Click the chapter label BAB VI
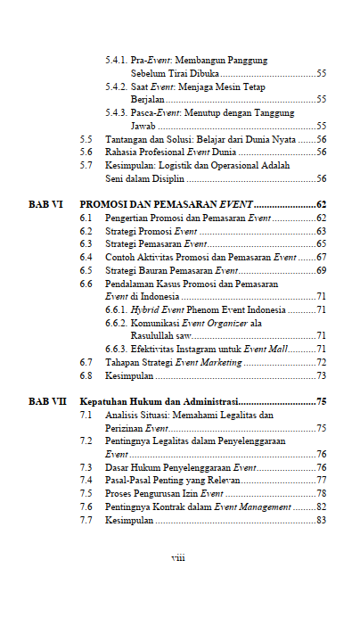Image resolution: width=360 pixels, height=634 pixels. pos(45,204)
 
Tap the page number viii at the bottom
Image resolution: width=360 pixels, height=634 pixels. pos(178,557)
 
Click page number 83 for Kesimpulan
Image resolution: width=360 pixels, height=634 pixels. pos(321,520)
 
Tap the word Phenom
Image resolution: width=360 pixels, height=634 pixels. pos(205,309)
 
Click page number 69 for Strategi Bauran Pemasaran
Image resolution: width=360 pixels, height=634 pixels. pos(321,270)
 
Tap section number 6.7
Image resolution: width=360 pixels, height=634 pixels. pos(86,363)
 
